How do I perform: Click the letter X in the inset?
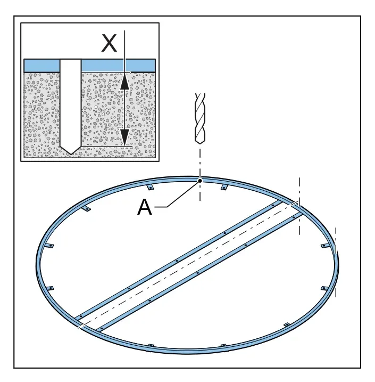pos(109,43)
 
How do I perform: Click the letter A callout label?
pos(145,207)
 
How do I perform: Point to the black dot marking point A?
pos(200,181)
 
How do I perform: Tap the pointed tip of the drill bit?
pos(200,143)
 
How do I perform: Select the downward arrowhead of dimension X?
pos(125,137)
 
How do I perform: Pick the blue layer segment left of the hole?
pos(42,66)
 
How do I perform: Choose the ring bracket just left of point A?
pos(150,187)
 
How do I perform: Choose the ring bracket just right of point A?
pos(224,187)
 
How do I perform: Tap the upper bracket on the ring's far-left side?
pos(50,246)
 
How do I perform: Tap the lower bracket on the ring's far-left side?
pos(50,288)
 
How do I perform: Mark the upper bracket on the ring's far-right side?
pos(324,246)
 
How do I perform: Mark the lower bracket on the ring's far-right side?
pos(324,288)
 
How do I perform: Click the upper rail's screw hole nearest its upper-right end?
pos(273,206)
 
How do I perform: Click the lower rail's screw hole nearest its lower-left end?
pos(102,329)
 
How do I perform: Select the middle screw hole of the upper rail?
pos(177,261)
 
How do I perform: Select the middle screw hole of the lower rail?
pos(197,273)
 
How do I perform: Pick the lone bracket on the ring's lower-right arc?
pos(287,325)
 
